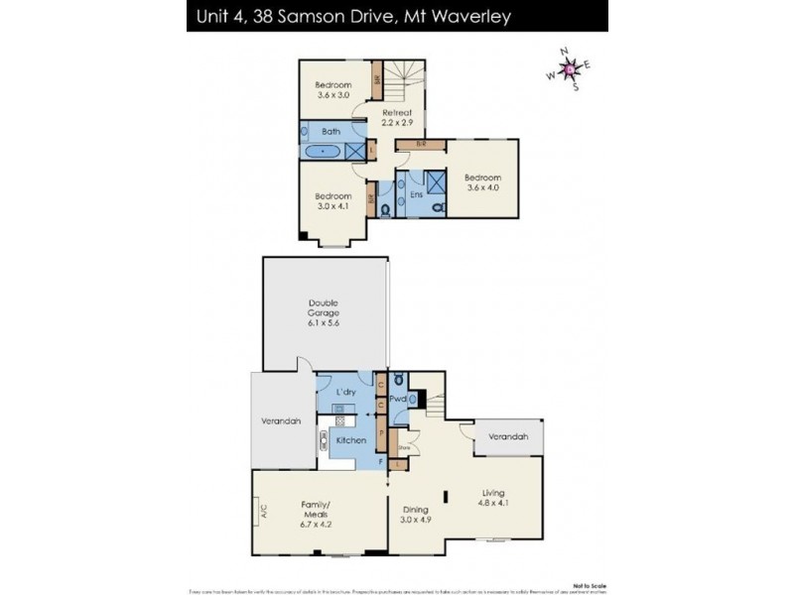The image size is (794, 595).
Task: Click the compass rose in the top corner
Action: point(569,69)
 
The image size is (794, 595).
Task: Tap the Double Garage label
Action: point(323,312)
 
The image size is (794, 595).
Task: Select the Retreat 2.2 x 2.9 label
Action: point(397,118)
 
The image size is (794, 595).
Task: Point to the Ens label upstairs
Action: point(416,195)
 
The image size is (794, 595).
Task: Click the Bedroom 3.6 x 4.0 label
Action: point(483,183)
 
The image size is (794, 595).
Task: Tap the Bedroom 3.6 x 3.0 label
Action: point(333,89)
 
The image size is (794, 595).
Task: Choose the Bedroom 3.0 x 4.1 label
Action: point(333,201)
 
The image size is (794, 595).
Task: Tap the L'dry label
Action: point(345,393)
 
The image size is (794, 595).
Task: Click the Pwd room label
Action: point(397,399)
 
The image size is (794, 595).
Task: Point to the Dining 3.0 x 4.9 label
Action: point(415,514)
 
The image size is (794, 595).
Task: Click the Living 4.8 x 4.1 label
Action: point(493,497)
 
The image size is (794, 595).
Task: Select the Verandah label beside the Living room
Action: point(507,436)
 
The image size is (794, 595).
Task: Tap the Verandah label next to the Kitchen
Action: point(281,421)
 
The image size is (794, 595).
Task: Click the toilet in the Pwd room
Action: point(397,379)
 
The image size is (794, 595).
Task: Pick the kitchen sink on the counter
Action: point(326,440)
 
